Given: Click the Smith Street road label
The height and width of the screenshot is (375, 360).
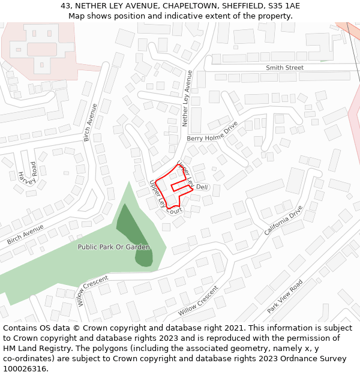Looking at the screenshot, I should click(284, 68).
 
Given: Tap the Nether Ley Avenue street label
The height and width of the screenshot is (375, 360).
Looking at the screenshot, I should click(187, 98).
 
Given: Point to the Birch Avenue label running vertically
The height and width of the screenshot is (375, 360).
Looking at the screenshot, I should click(91, 122).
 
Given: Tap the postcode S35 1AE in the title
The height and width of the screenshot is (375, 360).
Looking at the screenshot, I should click(284, 6).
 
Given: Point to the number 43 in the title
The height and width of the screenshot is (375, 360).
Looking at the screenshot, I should click(65, 6).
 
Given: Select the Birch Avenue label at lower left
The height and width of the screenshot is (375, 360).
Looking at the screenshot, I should click(25, 234).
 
